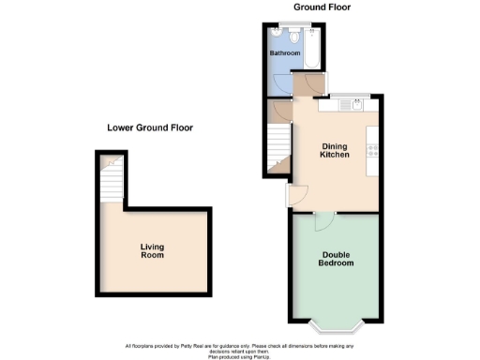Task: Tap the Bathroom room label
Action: click(285, 54)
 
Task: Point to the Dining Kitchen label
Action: click(335, 150)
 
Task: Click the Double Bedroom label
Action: click(337, 259)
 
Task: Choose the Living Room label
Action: click(152, 251)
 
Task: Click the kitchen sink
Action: click(357, 106)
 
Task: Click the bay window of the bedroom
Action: click(337, 328)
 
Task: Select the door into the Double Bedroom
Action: click(322, 219)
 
